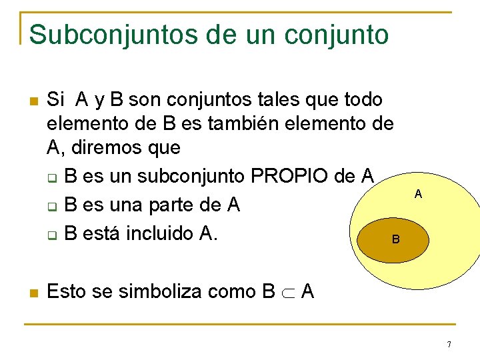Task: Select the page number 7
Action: pyautogui.click(x=449, y=345)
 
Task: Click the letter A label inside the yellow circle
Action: pyautogui.click(x=418, y=194)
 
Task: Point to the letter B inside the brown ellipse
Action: pyautogui.click(x=395, y=239)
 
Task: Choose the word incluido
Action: pyautogui.click(x=153, y=234)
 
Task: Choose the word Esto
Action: pyautogui.click(x=69, y=291)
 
